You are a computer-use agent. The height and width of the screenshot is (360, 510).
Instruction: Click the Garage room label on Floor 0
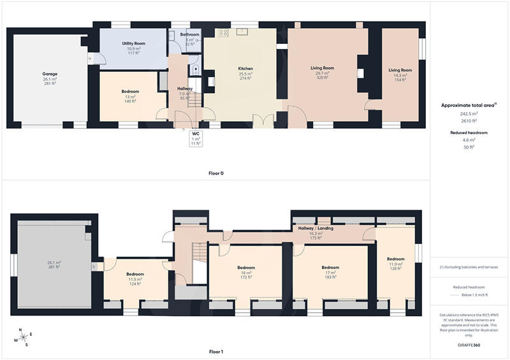click(50, 74)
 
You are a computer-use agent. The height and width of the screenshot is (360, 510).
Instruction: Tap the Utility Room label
click(135, 43)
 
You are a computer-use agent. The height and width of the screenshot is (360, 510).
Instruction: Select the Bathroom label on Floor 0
click(189, 34)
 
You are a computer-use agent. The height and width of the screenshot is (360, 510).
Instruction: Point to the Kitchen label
click(246, 68)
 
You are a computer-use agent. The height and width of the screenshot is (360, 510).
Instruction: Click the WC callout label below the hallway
click(196, 134)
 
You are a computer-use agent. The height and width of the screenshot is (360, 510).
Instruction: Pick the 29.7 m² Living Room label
click(323, 68)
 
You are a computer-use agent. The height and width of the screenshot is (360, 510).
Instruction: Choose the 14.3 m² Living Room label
click(400, 70)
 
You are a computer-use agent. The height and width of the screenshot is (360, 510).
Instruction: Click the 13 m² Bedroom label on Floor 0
click(130, 92)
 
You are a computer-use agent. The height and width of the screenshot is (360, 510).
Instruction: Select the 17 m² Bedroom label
click(330, 268)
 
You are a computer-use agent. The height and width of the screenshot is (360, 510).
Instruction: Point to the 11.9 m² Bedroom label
click(396, 259)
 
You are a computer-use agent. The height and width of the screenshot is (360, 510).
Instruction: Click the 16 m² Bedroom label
click(246, 268)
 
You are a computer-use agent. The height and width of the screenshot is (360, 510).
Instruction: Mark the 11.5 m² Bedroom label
click(135, 274)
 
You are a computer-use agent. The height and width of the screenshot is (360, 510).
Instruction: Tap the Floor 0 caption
click(216, 173)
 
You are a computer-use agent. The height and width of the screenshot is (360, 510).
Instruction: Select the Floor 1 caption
click(216, 351)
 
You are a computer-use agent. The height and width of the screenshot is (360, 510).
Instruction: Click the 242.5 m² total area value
click(469, 113)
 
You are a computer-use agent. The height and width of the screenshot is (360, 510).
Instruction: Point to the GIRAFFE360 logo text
click(469, 344)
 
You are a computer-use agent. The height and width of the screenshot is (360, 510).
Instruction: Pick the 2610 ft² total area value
click(469, 120)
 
